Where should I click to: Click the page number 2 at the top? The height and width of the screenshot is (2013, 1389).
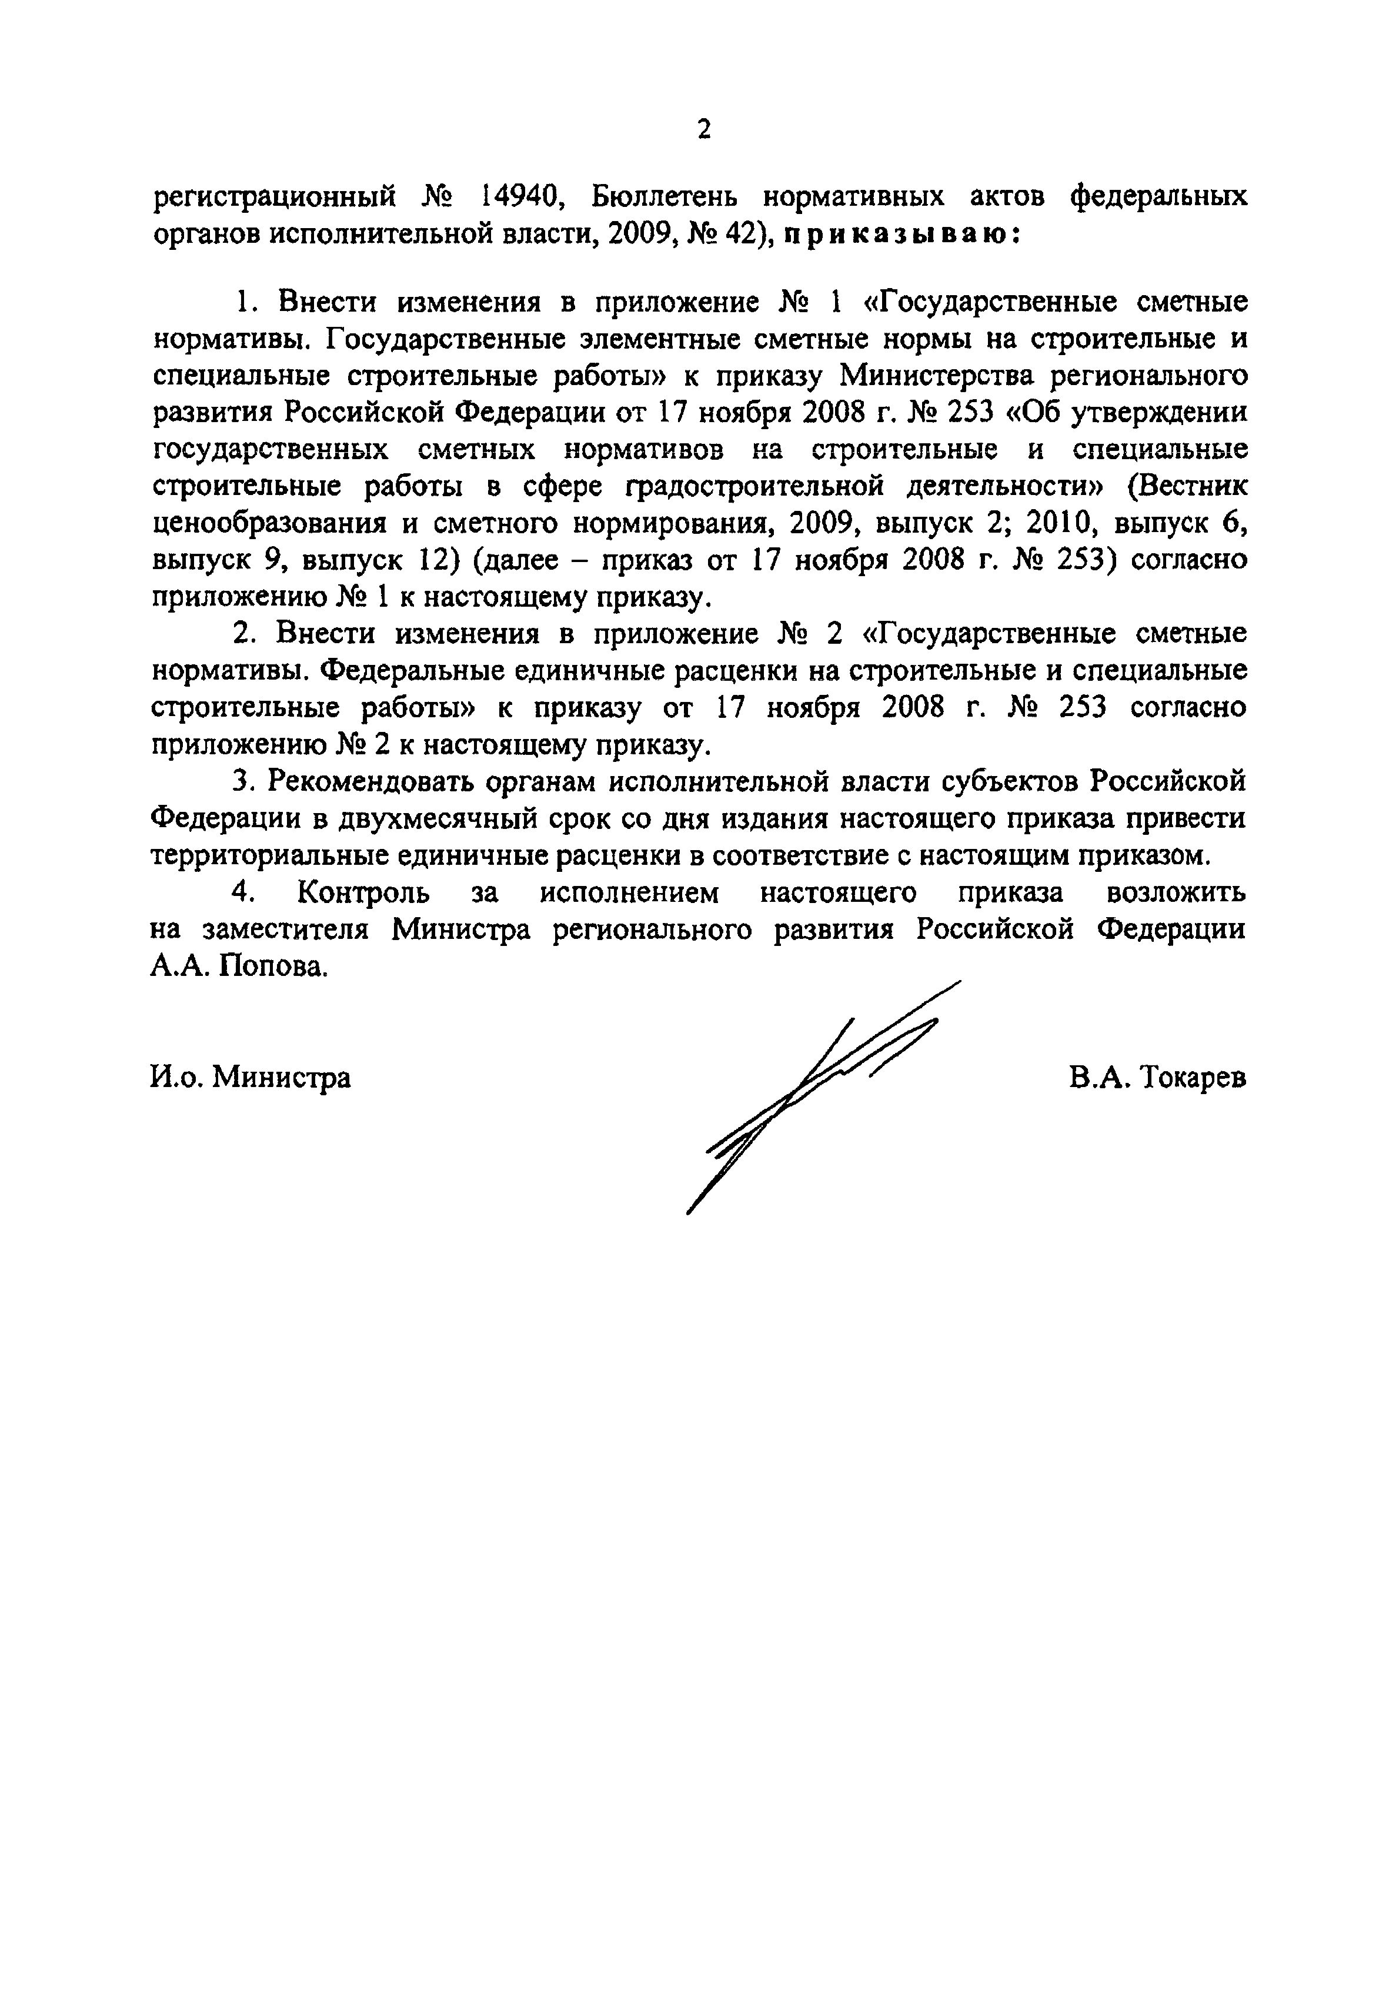704,131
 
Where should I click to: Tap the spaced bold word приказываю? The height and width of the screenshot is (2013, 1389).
901,235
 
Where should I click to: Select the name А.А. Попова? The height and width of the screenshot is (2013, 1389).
240,967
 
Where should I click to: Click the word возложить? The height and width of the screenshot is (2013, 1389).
1175,894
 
